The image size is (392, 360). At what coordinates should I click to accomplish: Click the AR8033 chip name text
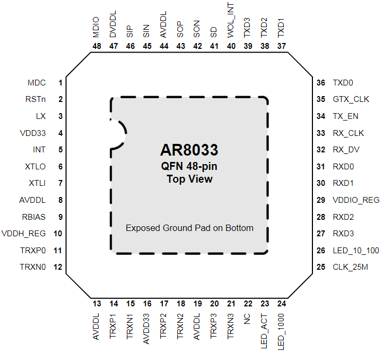[189, 150]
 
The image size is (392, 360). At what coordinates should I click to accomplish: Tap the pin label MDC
[37, 83]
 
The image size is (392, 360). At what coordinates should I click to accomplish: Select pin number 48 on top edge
[97, 46]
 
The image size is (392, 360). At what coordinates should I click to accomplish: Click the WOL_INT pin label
[231, 21]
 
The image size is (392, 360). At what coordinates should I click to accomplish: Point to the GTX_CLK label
[351, 99]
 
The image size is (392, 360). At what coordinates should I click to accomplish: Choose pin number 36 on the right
[321, 83]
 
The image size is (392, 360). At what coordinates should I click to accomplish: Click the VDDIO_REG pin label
[356, 200]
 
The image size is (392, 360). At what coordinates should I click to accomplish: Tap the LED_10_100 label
[356, 251]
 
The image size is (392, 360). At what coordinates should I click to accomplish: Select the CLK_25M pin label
[350, 267]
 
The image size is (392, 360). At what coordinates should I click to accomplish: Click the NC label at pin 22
[247, 319]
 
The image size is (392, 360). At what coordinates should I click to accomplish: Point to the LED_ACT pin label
[264, 331]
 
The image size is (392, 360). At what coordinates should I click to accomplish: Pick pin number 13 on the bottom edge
[97, 304]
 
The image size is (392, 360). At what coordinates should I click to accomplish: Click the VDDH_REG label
[23, 234]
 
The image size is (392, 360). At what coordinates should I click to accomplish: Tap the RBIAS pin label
[34, 217]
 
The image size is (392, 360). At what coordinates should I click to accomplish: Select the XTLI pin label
[37, 183]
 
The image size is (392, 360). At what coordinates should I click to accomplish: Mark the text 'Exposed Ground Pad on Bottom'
[189, 228]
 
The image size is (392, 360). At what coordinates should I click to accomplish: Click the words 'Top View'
[189, 179]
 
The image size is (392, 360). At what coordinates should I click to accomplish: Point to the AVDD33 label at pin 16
[146, 329]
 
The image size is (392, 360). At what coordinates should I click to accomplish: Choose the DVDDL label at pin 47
[113, 24]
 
